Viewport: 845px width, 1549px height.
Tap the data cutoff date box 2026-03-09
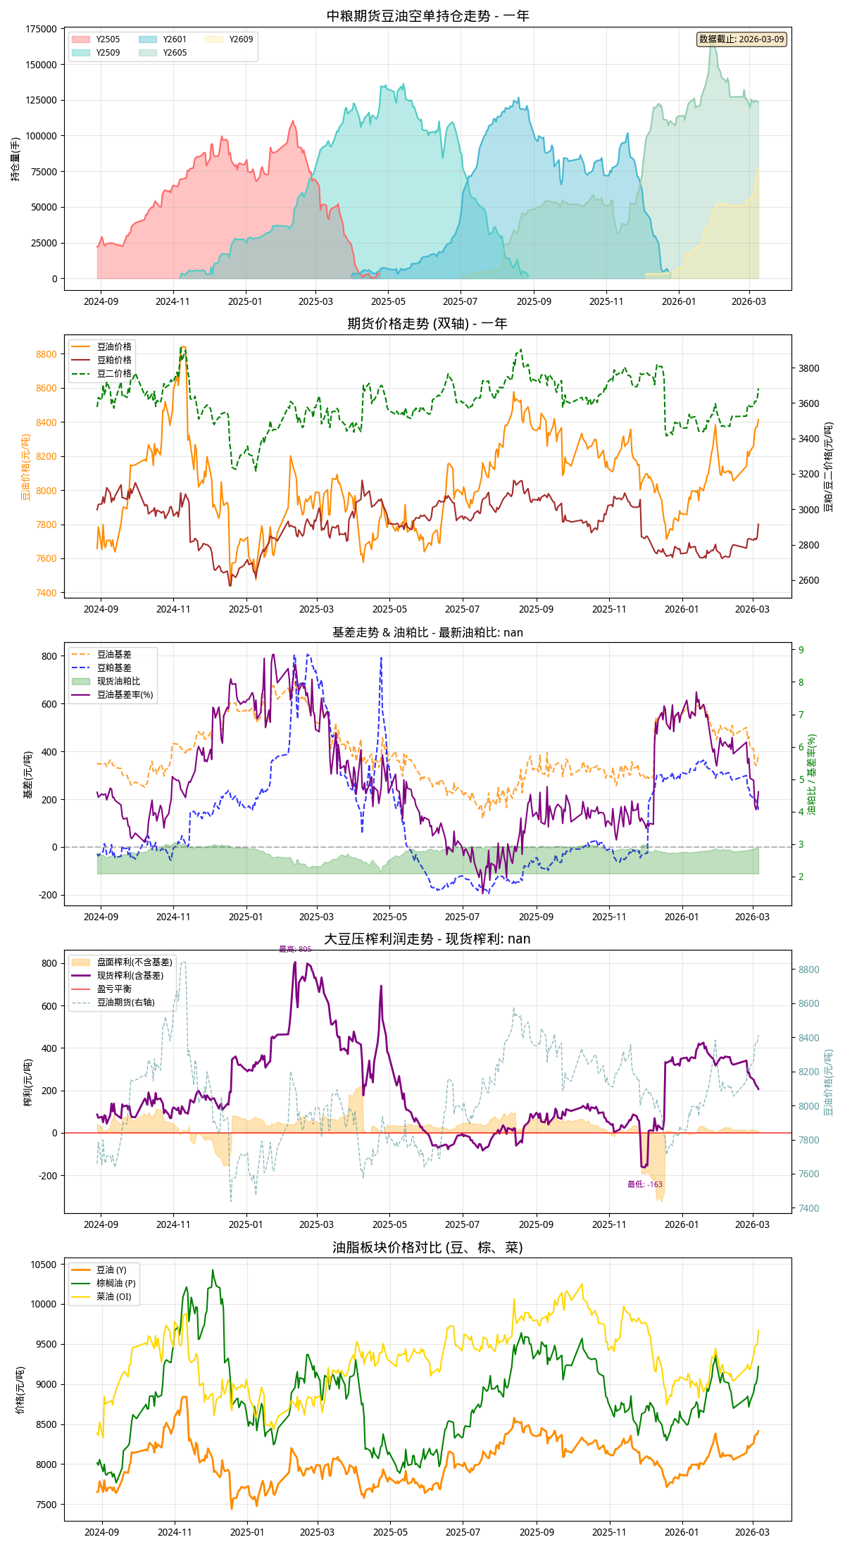tap(741, 39)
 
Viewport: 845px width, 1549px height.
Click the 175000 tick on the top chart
tap(42, 29)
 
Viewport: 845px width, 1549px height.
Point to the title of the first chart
tap(427, 15)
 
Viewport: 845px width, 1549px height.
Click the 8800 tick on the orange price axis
tap(46, 354)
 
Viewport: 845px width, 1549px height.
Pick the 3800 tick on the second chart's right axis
tap(808, 368)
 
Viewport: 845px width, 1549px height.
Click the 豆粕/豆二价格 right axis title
tap(829, 467)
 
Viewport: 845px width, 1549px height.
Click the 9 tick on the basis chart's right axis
tap(801, 650)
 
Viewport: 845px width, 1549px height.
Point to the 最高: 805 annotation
tap(295, 949)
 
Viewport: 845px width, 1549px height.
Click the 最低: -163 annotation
tap(645, 1184)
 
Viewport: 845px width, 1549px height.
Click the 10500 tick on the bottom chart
tap(43, 1265)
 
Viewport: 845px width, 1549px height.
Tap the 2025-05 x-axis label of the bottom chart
tap(390, 1532)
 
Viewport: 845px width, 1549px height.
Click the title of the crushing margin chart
tap(427, 939)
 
